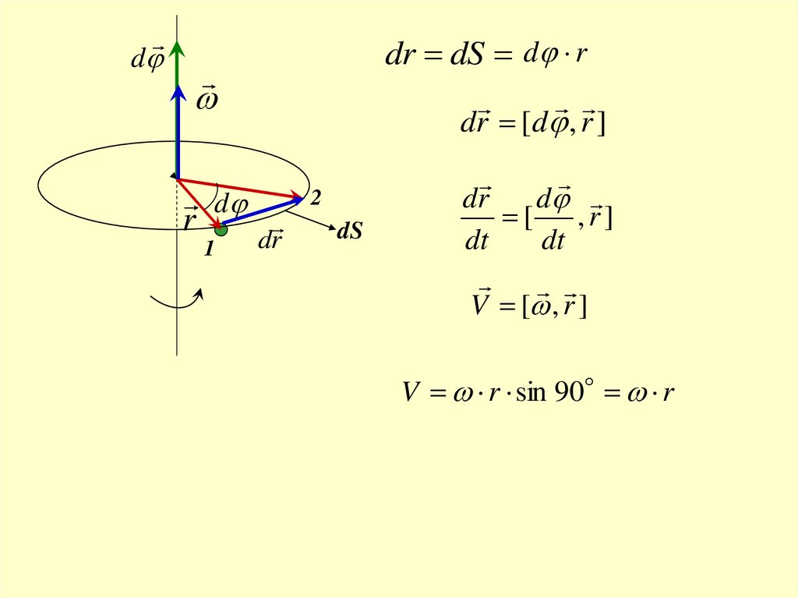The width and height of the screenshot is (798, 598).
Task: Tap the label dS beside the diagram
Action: point(350,232)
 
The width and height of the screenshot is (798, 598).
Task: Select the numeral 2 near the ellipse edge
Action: point(315,200)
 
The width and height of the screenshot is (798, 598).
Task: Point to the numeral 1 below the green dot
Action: point(208,250)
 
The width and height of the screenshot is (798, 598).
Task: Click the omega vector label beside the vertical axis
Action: point(207,100)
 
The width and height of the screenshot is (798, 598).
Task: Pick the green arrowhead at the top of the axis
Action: point(178,48)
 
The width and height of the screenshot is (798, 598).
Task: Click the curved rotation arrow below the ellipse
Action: point(178,299)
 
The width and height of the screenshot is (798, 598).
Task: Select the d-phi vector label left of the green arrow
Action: point(147,59)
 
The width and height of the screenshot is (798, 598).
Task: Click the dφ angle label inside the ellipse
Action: point(231,205)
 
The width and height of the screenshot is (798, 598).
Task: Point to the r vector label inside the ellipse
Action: point(190,221)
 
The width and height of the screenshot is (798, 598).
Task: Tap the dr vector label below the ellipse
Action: point(270,240)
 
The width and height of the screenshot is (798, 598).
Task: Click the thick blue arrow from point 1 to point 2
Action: point(261,213)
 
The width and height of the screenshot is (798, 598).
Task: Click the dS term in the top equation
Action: point(468,57)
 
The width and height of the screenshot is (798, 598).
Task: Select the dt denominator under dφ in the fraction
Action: point(553,242)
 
